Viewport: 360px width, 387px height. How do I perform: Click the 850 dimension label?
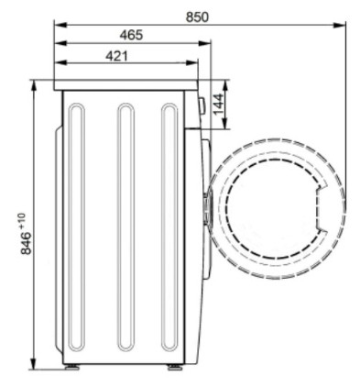(197, 17)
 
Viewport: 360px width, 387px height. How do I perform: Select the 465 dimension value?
(131, 35)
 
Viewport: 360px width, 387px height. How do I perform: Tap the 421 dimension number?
(116, 56)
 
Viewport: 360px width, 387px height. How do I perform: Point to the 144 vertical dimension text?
(218, 104)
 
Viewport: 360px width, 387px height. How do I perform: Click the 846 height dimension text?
(27, 243)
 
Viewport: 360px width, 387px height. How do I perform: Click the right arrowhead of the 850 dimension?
(340, 25)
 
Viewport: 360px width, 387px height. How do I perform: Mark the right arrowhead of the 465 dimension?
(204, 43)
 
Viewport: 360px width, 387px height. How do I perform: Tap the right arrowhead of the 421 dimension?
(191, 62)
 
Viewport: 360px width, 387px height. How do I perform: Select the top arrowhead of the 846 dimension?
(34, 85)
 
